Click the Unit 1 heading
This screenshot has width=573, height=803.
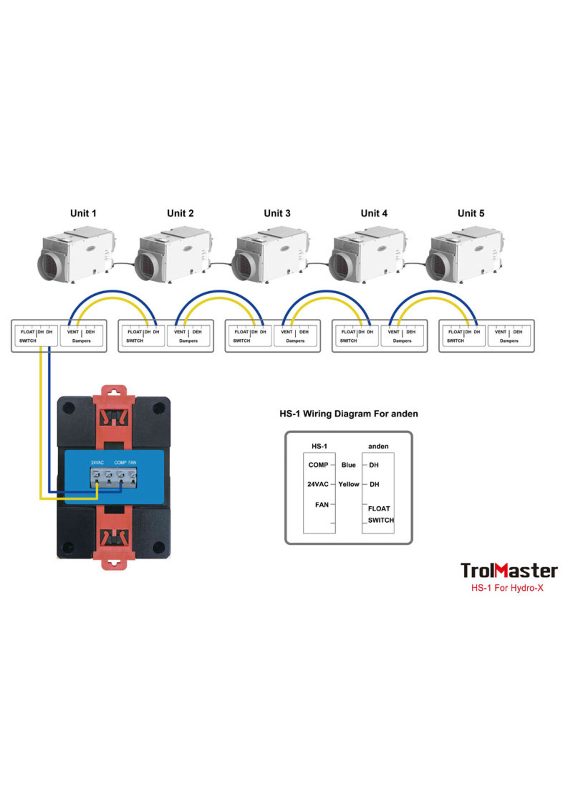tap(83, 213)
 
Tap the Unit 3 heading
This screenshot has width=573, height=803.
tap(277, 213)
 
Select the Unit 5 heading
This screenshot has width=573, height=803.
tap(471, 213)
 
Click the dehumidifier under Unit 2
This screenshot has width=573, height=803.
tap(173, 254)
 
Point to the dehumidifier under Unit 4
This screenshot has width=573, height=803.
tap(368, 254)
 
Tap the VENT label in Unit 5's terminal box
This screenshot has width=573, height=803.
tap(500, 332)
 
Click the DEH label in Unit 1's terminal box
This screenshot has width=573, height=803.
tap(90, 332)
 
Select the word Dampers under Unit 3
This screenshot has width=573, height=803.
tap(295, 341)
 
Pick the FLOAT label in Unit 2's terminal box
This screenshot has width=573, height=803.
tap(135, 332)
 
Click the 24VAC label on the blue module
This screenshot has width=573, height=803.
tap(97, 462)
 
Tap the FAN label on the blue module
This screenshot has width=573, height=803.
tap(132, 462)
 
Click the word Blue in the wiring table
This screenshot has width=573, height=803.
tap(348, 465)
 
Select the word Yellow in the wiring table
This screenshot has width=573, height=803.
tap(349, 484)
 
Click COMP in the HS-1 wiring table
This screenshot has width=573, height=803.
tap(318, 465)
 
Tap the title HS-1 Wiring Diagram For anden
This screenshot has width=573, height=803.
tap(349, 413)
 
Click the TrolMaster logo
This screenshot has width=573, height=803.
tap(509, 571)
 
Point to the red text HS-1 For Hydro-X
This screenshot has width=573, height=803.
tap(507, 588)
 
